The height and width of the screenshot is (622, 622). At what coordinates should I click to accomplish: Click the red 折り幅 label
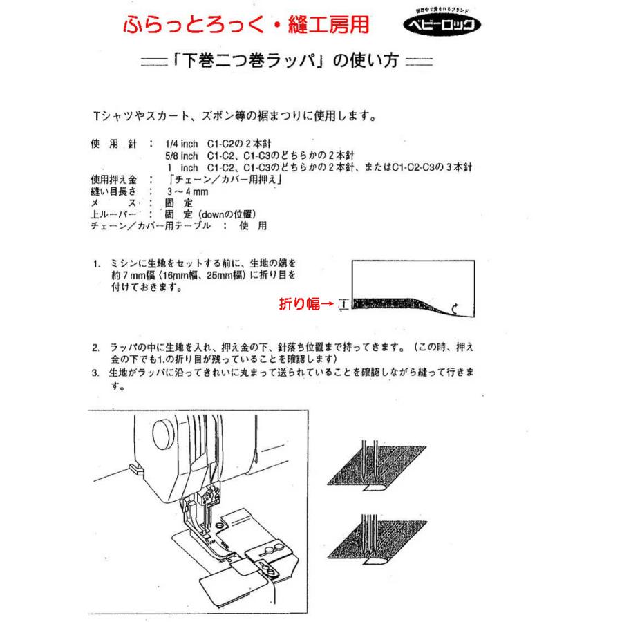point(299,303)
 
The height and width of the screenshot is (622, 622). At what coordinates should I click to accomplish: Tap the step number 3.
point(96,374)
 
